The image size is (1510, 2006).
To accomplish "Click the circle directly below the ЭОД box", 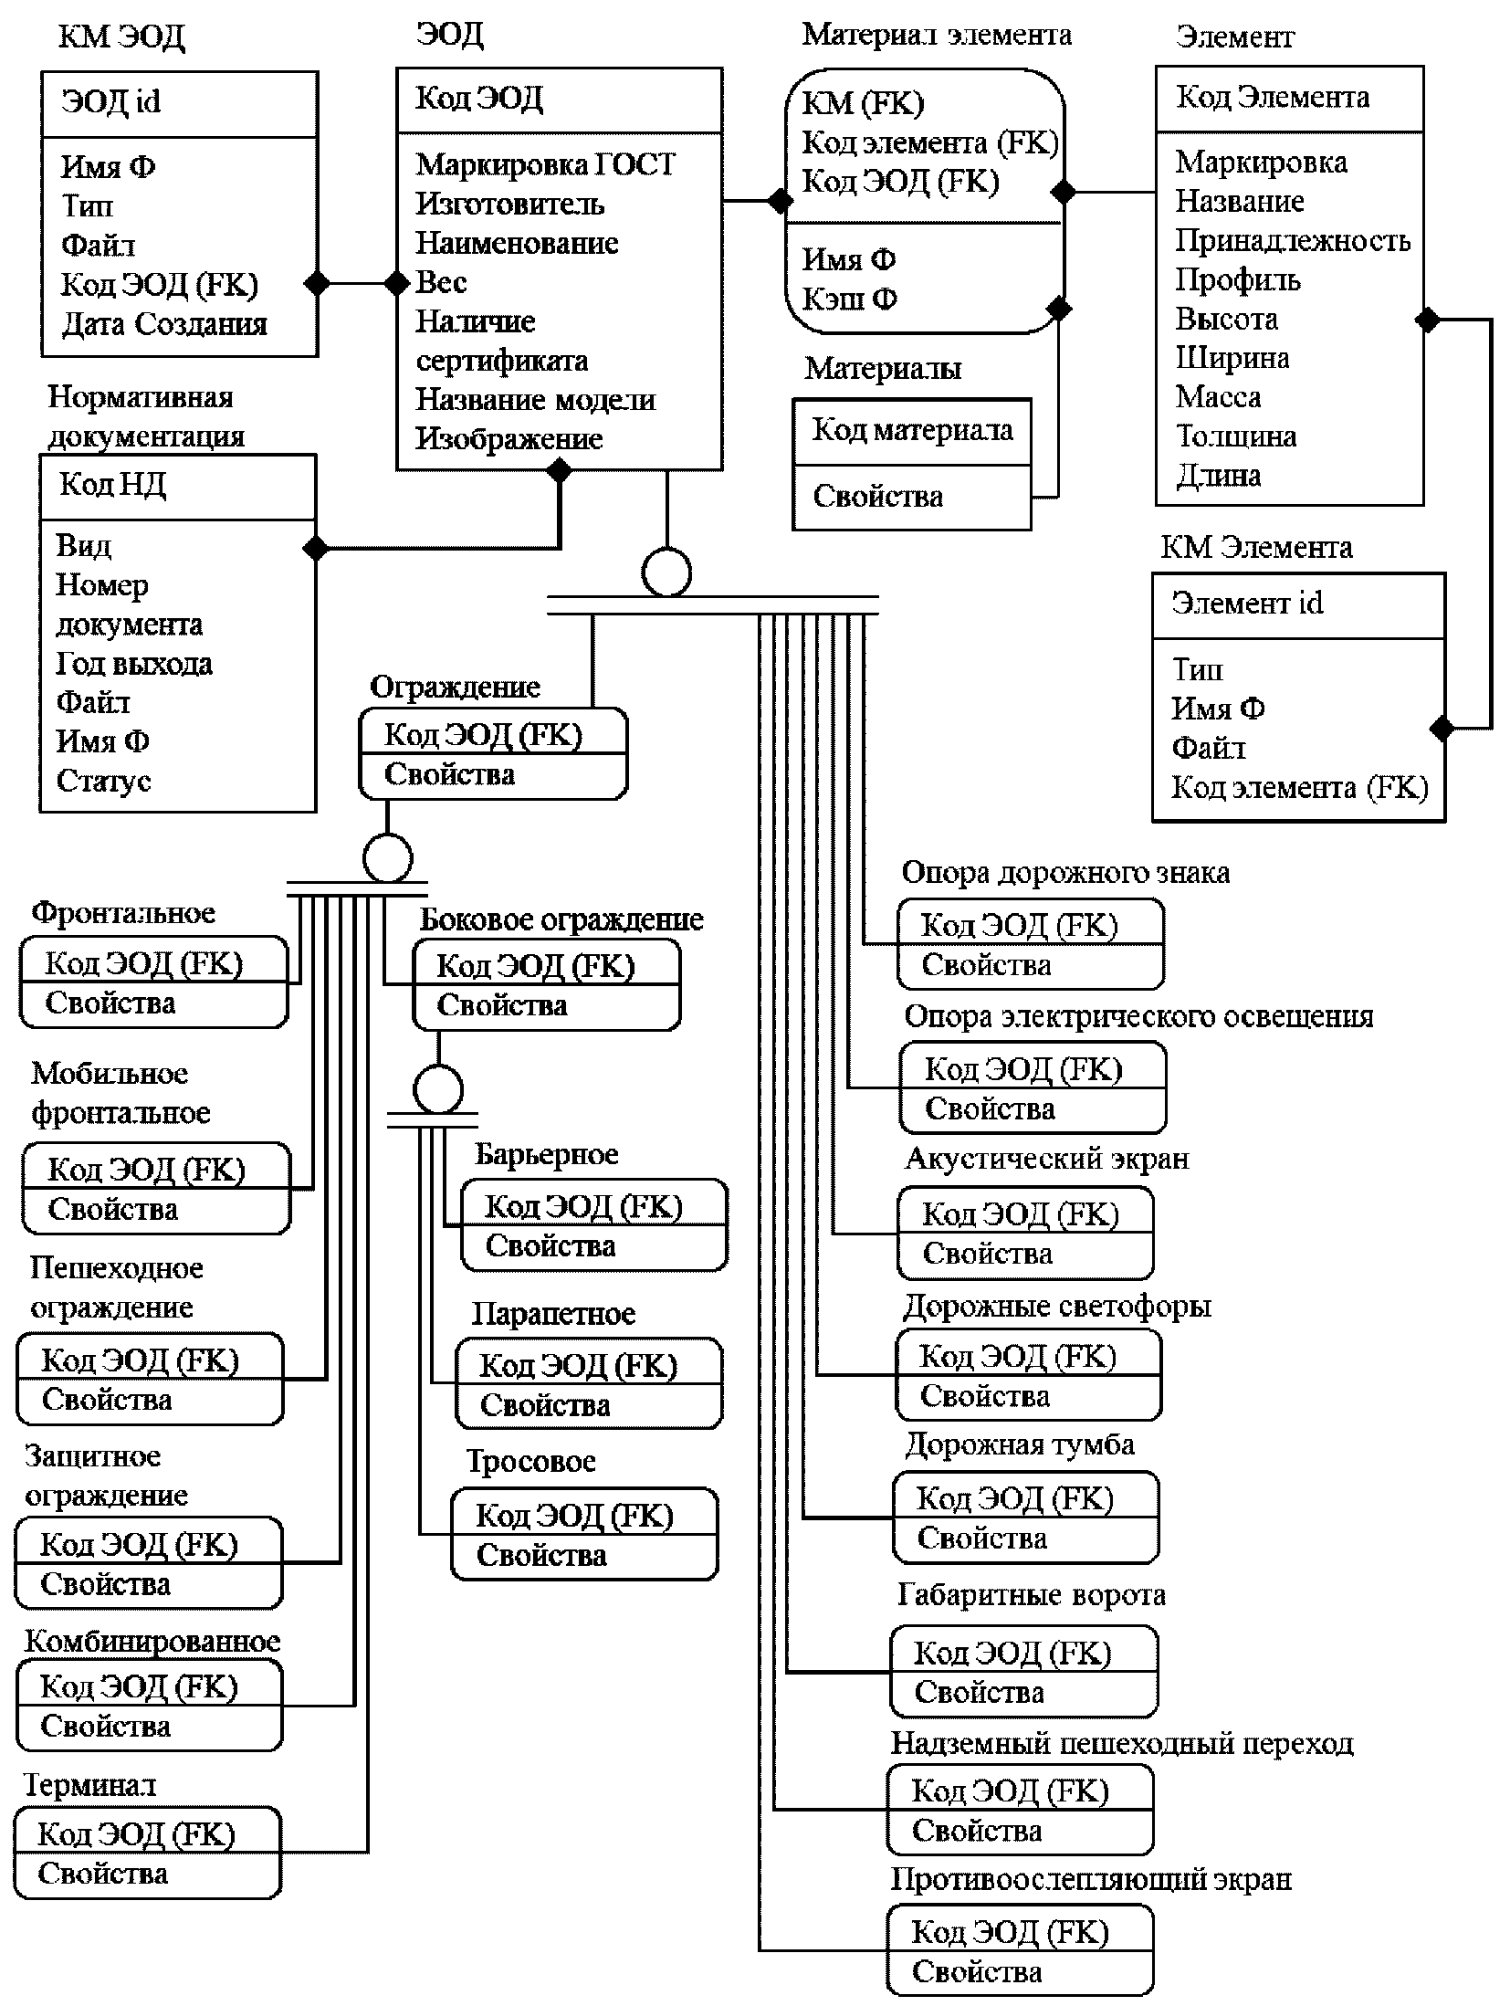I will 666,572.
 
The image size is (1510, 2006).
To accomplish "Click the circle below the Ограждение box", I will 387,858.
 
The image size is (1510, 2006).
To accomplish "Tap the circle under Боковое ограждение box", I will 438,1089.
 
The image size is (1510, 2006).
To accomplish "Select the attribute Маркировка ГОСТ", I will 545,164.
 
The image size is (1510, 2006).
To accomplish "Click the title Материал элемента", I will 936,35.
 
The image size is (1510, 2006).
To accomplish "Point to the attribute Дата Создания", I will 163,324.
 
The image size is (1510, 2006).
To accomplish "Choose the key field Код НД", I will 112,484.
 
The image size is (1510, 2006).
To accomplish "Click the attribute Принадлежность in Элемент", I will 1292,240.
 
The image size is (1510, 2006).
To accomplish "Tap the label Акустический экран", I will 1046,1159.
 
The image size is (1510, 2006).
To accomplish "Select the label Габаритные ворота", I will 1031,1594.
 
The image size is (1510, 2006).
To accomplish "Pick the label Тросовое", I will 531,1461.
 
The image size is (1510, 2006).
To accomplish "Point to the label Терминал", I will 89,1785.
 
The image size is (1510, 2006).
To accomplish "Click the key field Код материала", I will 912,429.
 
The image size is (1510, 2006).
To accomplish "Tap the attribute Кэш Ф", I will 849,299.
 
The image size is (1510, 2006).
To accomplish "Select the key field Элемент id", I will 1246,603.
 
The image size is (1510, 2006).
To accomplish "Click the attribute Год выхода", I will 134,664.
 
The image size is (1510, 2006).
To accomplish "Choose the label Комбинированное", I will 152,1641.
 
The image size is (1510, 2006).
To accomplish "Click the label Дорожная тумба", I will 1019,1444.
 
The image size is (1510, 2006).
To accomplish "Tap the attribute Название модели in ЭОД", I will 535,399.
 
